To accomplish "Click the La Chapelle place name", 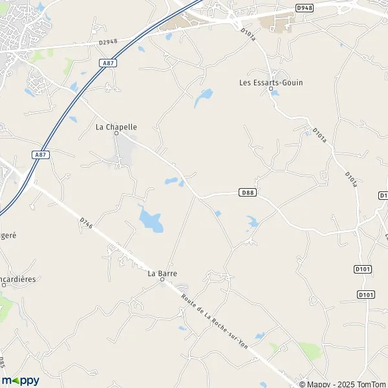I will pyautogui.click(x=116, y=127).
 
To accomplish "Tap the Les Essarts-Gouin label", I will pyautogui.click(x=271, y=82).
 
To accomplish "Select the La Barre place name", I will pyautogui.click(x=162, y=274).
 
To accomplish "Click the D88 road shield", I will pyautogui.click(x=246, y=192).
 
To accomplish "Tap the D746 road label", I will pyautogui.click(x=87, y=224).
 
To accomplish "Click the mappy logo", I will pyautogui.click(x=21, y=380).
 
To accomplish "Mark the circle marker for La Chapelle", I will pyautogui.click(x=117, y=134).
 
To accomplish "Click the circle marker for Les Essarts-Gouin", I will pyautogui.click(x=271, y=89).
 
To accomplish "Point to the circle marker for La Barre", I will pyautogui.click(x=162, y=280).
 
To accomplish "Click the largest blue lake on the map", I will pyautogui.click(x=151, y=221).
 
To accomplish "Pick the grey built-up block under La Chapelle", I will pyautogui.click(x=124, y=151).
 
